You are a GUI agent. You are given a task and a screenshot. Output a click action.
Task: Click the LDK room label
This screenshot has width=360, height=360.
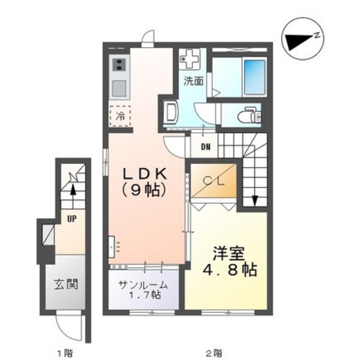[145, 174]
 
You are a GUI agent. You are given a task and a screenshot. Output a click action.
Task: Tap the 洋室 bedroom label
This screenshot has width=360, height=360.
[229, 253]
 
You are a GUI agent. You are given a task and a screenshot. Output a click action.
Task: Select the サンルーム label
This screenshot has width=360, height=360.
[143, 285]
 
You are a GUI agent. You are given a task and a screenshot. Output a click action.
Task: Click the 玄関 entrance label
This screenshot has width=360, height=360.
[66, 284]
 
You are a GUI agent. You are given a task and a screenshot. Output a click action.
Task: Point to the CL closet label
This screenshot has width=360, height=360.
[213, 181]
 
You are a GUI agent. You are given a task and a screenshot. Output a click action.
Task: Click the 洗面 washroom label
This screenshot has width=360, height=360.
[194, 81]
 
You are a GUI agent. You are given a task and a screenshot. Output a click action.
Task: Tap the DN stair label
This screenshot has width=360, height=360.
[206, 147]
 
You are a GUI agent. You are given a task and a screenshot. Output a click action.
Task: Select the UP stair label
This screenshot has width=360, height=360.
[72, 219]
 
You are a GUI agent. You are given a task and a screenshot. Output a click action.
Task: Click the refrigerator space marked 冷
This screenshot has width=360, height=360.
[120, 116]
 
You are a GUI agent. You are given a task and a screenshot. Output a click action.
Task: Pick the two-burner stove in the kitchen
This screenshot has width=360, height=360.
[119, 64]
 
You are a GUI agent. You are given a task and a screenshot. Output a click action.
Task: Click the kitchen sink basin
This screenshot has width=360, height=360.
[119, 89]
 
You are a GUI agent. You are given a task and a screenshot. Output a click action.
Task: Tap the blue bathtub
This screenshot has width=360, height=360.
[255, 77]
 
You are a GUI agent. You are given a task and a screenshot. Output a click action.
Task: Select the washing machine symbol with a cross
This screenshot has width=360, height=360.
[190, 59]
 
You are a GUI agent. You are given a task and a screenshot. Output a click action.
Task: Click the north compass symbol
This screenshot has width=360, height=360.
[303, 39]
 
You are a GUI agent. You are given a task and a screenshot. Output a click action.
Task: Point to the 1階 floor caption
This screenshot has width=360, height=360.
[65, 352]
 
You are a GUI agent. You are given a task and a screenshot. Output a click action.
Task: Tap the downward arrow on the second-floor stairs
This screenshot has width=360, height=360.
[255, 200]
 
